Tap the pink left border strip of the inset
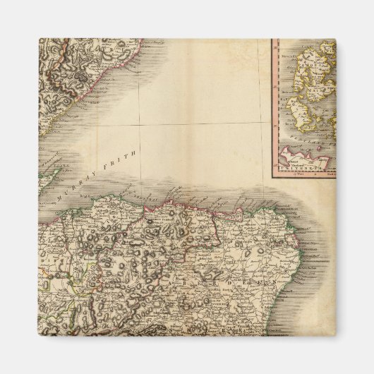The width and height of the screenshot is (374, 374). tap(275, 106)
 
